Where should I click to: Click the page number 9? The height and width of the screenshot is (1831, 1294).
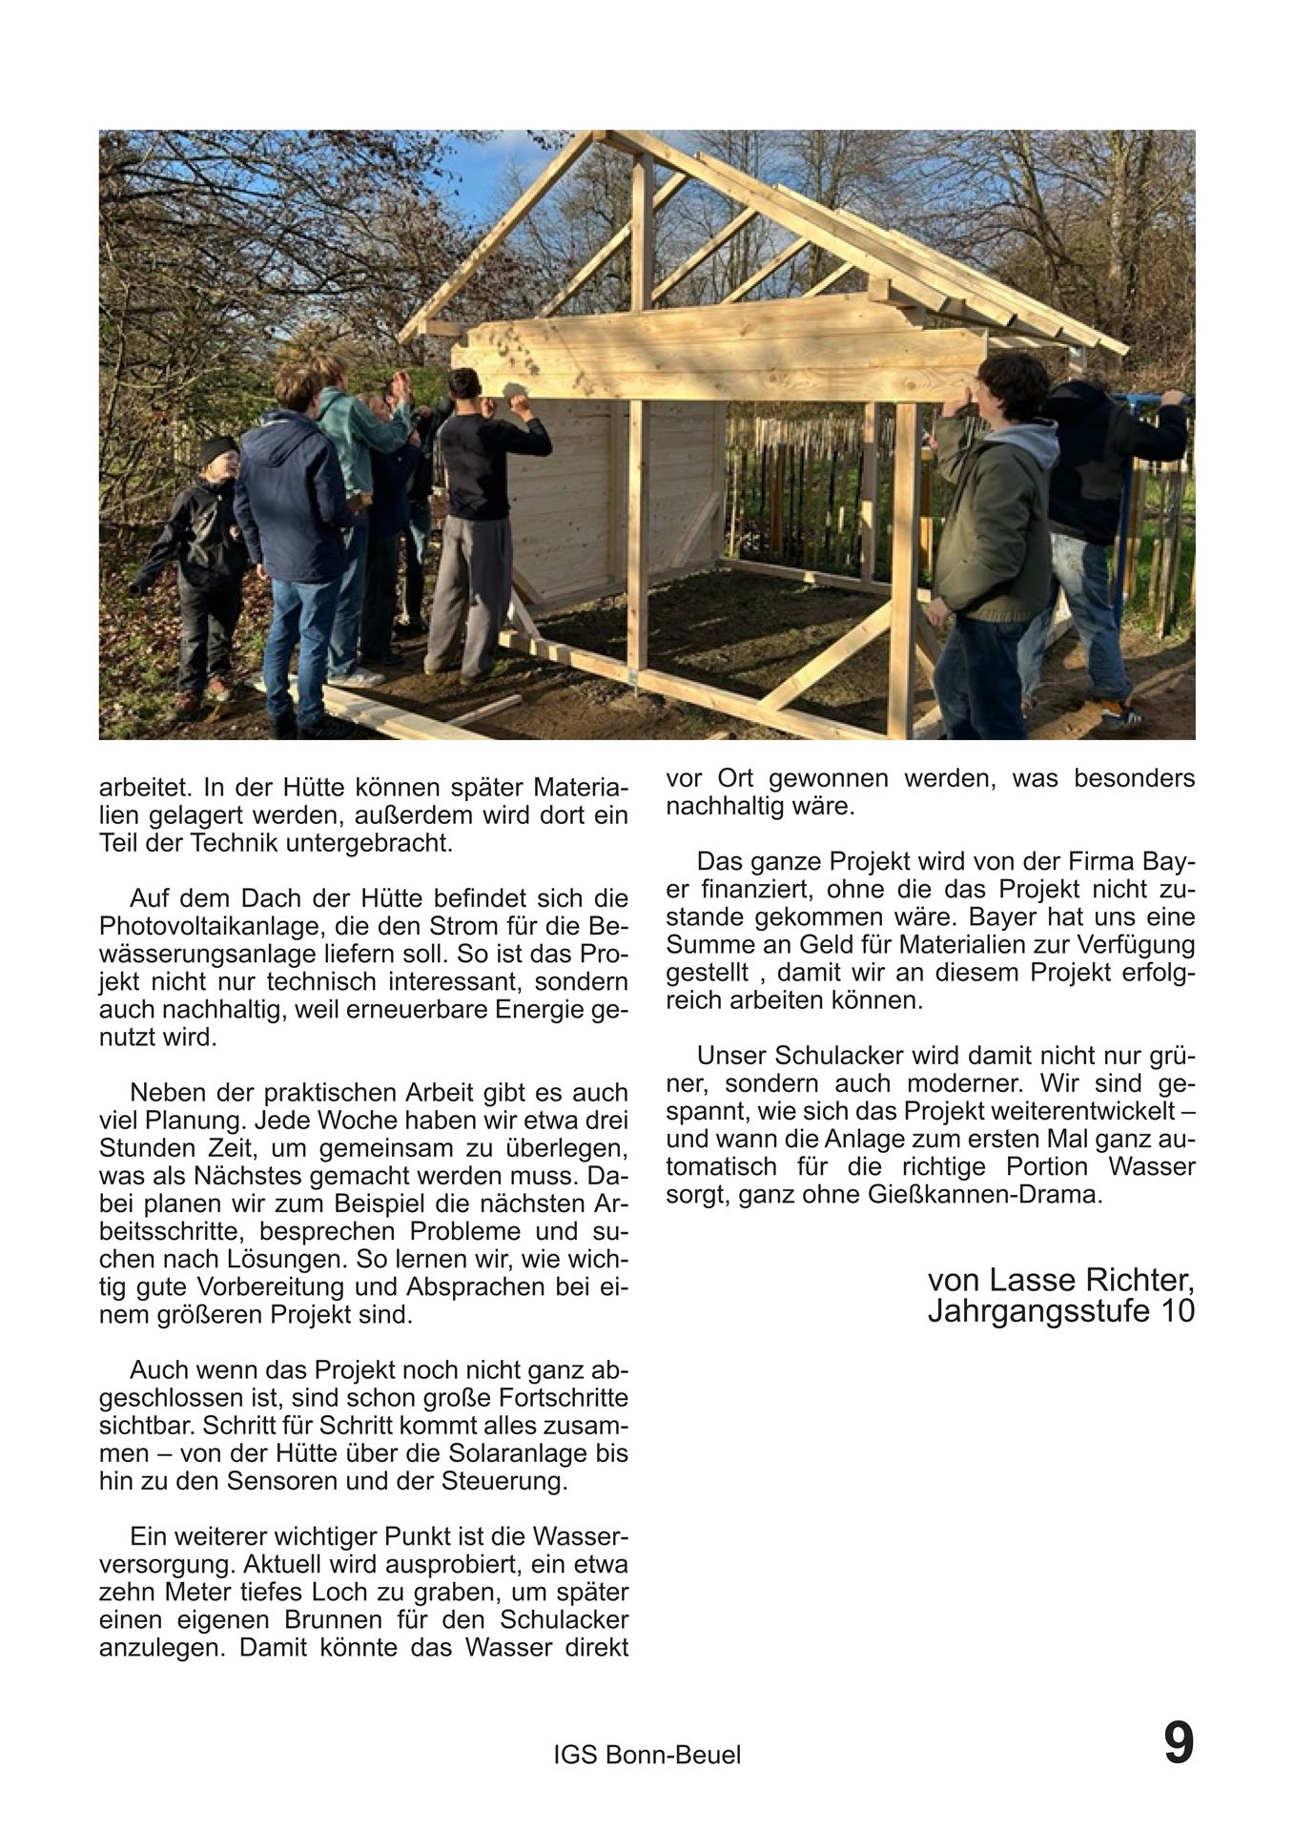click(1178, 1744)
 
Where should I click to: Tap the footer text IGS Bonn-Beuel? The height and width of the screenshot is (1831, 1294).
click(647, 1755)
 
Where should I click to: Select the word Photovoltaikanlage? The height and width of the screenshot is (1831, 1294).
click(204, 926)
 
